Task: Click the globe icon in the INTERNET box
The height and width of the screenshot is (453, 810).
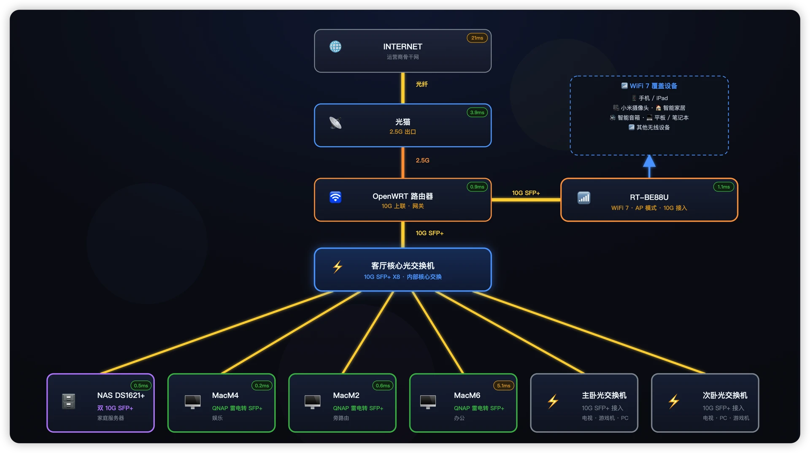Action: pyautogui.click(x=335, y=46)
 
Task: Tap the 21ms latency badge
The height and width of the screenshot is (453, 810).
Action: pyautogui.click(x=477, y=38)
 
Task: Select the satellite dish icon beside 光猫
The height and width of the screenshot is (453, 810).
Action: pyautogui.click(x=335, y=123)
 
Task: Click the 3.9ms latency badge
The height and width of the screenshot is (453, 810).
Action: pyautogui.click(x=477, y=112)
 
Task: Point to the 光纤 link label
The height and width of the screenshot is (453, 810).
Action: pyautogui.click(x=422, y=84)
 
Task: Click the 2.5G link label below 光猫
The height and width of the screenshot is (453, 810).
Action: pyautogui.click(x=422, y=160)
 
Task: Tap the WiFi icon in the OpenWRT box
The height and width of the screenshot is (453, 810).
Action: pyautogui.click(x=335, y=197)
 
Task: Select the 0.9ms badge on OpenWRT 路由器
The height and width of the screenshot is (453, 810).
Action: pyautogui.click(x=477, y=187)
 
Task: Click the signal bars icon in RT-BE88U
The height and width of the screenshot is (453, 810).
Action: pyautogui.click(x=584, y=198)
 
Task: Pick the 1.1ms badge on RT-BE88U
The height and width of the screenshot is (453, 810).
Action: pyautogui.click(x=724, y=187)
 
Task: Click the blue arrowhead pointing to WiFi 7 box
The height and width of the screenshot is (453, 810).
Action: pyautogui.click(x=649, y=161)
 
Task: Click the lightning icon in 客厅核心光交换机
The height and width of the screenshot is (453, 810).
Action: pyautogui.click(x=337, y=267)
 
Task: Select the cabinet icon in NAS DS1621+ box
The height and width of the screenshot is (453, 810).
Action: pyautogui.click(x=68, y=401)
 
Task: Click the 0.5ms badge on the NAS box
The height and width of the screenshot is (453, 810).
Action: pyautogui.click(x=141, y=385)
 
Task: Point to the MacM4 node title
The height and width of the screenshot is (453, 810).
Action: pyautogui.click(x=225, y=396)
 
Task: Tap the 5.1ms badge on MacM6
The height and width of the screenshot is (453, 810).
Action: pyautogui.click(x=504, y=385)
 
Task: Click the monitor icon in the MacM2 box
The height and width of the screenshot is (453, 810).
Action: pyautogui.click(x=313, y=402)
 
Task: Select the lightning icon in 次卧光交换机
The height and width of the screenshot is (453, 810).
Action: pyautogui.click(x=674, y=401)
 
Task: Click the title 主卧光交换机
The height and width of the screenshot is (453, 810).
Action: pyautogui.click(x=604, y=396)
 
